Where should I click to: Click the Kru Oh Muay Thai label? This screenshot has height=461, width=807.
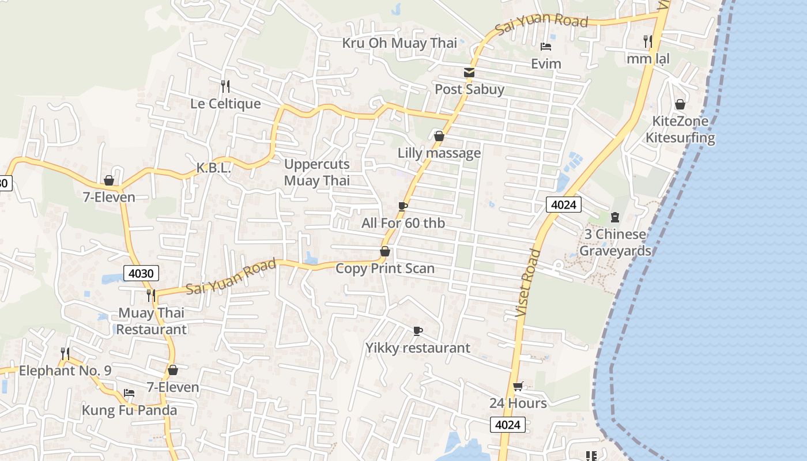coord(399,43)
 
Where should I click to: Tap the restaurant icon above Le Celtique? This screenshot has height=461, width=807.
coord(225,86)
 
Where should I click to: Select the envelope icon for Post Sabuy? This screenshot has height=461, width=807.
coord(469,73)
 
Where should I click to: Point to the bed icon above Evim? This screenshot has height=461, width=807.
coord(546,46)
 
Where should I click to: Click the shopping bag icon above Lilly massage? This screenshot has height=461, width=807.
coord(439,136)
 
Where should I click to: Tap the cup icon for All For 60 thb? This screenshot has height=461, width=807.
coord(403,206)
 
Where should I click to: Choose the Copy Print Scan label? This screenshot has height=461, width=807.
coord(385,269)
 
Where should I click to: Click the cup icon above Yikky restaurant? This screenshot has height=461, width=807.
coord(418,331)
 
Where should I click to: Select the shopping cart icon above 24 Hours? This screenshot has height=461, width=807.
coord(518,387)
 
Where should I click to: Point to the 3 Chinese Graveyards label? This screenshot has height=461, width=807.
coord(615,243)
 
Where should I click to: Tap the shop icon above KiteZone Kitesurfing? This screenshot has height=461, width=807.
coord(680,104)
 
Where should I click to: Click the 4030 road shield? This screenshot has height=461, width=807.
coord(141,273)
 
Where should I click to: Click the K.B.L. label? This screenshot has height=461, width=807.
coord(213,168)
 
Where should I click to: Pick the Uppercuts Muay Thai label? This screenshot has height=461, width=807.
coord(317,172)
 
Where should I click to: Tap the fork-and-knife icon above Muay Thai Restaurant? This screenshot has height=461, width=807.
coord(151,295)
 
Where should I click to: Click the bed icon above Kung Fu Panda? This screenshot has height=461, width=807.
coord(129,393)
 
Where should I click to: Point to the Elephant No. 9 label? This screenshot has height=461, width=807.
coord(65,371)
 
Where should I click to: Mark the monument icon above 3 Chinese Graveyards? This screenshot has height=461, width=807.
coord(614,217)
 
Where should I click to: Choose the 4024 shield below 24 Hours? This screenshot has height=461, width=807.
coord(508,425)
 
